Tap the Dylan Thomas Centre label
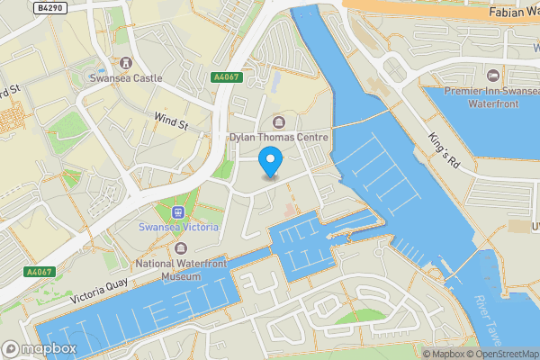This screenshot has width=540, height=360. (276, 137)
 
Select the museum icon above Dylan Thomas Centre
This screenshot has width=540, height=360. (276, 121)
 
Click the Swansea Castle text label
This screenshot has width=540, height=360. (125, 78)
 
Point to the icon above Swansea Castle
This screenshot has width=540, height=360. (125, 63)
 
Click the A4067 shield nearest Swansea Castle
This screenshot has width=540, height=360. (226, 78)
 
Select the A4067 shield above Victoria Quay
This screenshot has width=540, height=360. (40, 272)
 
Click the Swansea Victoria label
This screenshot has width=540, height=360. (177, 228)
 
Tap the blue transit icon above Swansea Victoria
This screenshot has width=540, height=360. (177, 212)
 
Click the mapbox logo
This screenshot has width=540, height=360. (39, 348)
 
